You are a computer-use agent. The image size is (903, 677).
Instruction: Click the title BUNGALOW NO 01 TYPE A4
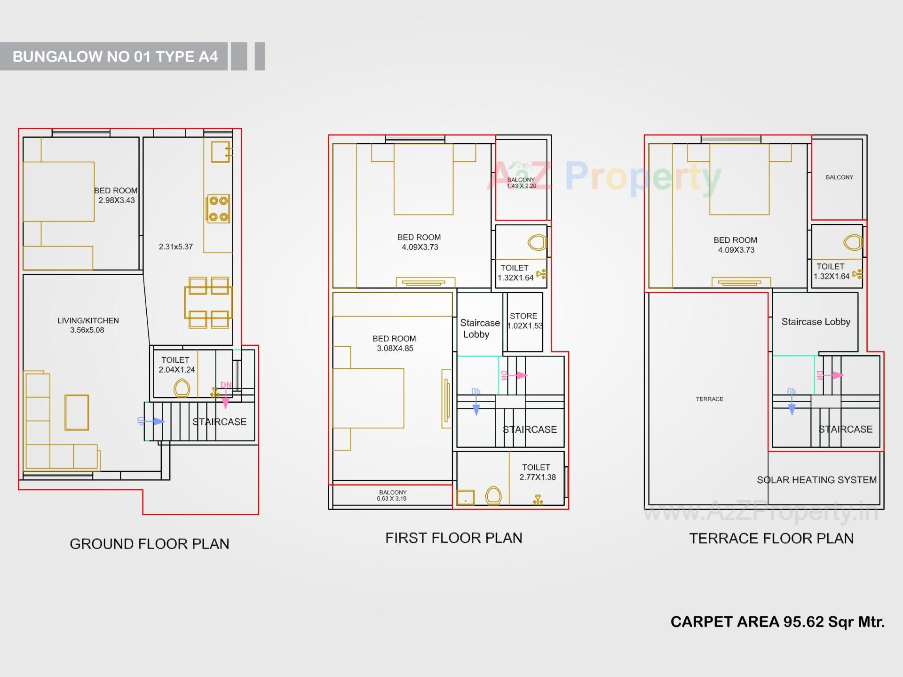pyautogui.click(x=115, y=56)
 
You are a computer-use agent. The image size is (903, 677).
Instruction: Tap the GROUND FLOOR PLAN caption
pyautogui.click(x=150, y=544)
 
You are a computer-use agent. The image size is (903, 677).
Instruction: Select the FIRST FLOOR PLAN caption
pyautogui.click(x=453, y=538)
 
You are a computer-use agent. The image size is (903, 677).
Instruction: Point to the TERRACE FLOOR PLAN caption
pyautogui.click(x=771, y=538)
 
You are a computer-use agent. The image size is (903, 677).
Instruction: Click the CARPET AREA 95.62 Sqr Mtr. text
pyautogui.click(x=777, y=622)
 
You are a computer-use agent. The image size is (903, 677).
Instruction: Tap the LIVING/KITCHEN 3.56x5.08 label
pyautogui.click(x=88, y=325)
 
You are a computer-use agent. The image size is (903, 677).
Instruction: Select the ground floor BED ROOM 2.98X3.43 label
pyautogui.click(x=116, y=195)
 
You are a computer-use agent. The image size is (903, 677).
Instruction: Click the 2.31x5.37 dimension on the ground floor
pyautogui.click(x=175, y=247)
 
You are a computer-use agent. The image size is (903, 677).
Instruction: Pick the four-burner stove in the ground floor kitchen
pyautogui.click(x=218, y=209)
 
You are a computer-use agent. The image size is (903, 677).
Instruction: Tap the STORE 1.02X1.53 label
pyautogui.click(x=524, y=321)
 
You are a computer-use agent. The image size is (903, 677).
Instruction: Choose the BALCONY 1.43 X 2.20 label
pyautogui.click(x=521, y=183)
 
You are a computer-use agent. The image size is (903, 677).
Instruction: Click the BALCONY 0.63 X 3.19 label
pyautogui.click(x=393, y=495)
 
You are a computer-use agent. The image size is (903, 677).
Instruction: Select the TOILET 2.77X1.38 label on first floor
pyautogui.click(x=537, y=472)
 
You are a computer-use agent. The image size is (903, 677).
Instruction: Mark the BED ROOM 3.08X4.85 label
pyautogui.click(x=395, y=343)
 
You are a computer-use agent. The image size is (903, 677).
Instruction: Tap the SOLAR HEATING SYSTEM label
pyautogui.click(x=816, y=480)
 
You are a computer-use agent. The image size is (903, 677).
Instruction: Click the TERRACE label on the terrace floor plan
pyautogui.click(x=710, y=399)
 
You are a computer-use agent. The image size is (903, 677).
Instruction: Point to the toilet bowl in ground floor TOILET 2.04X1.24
pyautogui.click(x=182, y=389)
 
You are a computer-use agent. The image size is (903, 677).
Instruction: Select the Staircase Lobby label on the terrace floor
pyautogui.click(x=816, y=322)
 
